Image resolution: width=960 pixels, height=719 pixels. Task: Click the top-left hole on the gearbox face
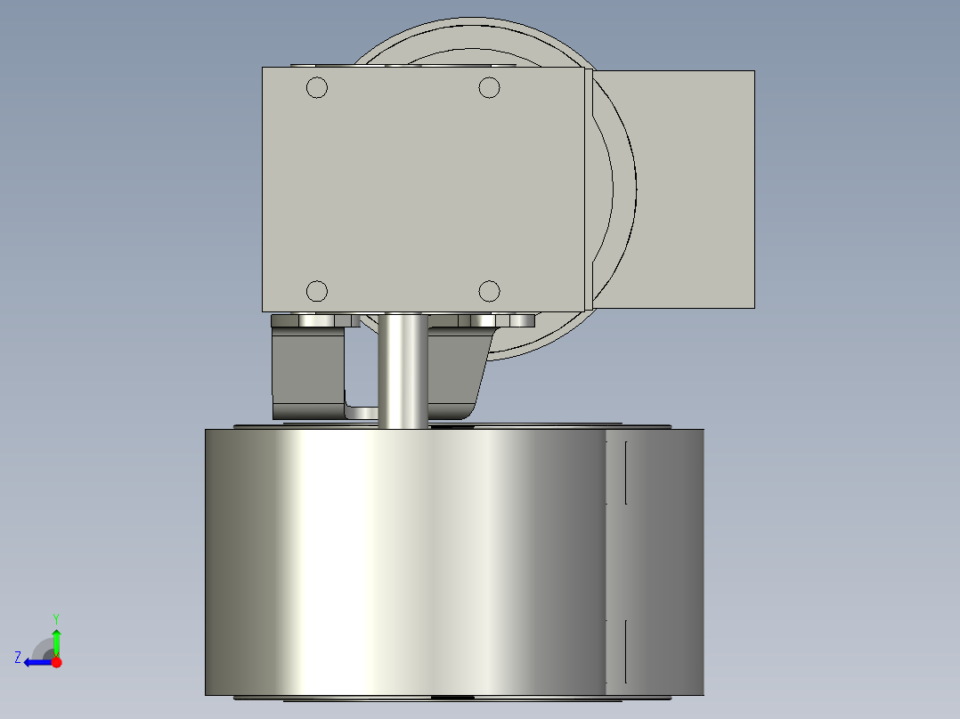click(x=317, y=87)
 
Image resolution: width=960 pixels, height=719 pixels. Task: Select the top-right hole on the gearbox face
click(x=489, y=87)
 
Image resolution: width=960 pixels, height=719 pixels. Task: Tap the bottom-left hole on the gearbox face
click(x=317, y=291)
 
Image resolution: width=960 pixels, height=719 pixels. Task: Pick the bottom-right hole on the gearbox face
click(x=489, y=291)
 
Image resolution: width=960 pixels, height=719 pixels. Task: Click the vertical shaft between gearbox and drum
click(x=403, y=369)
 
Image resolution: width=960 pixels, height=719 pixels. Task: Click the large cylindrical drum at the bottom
click(x=401, y=561)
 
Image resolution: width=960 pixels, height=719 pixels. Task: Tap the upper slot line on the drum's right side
click(x=626, y=472)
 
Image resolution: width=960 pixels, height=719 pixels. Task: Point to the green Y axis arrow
click(x=56, y=641)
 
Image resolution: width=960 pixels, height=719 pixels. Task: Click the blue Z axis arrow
click(x=36, y=662)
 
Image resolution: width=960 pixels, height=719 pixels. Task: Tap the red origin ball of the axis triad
click(x=56, y=662)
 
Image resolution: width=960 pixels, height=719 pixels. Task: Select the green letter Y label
click(x=56, y=618)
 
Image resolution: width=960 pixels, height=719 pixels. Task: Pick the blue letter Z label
click(x=18, y=658)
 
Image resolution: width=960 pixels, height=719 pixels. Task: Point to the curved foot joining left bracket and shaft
click(x=361, y=411)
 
